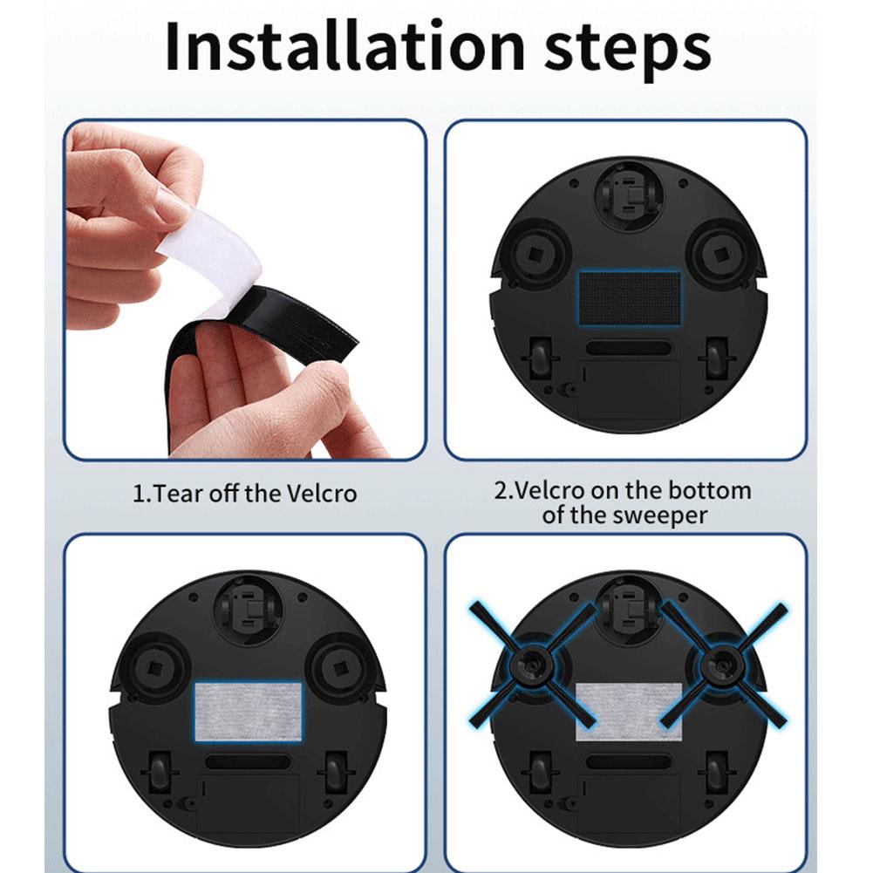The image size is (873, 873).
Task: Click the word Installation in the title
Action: click(x=344, y=48)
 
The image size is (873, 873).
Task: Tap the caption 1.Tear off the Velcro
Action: click(x=244, y=494)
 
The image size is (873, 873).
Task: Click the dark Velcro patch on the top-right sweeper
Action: click(x=629, y=297)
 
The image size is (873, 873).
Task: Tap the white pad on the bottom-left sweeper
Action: click(x=248, y=711)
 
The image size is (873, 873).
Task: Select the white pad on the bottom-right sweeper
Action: click(x=628, y=711)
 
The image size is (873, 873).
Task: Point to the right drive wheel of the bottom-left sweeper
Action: click(x=335, y=772)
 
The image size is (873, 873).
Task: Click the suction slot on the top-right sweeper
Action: click(x=628, y=348)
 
